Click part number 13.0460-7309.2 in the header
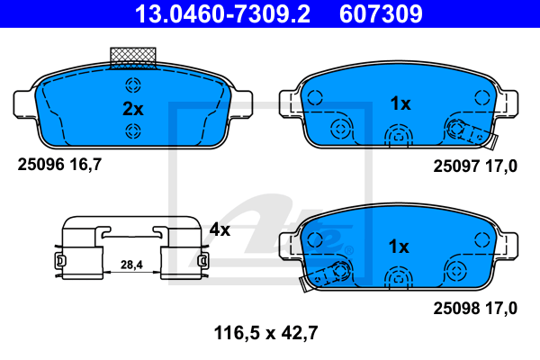tap(222, 13)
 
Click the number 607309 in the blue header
tap(381, 13)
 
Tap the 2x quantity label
tap(133, 109)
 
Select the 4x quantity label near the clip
tap(220, 229)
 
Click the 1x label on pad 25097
tap(400, 103)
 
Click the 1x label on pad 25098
tap(399, 247)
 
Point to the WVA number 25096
tap(41, 165)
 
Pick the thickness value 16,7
tap(85, 165)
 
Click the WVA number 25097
tap(456, 166)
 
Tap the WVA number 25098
tap(456, 309)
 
